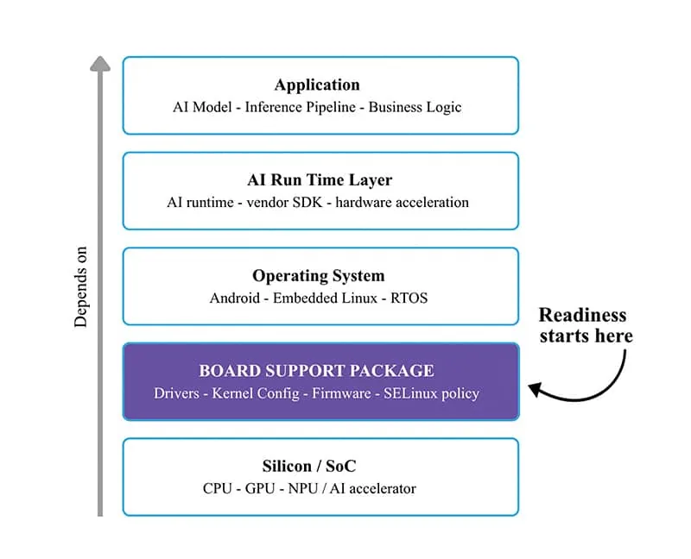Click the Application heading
tap(317, 85)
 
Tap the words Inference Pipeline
tap(300, 107)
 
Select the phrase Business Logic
tap(415, 107)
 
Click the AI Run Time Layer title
tap(320, 180)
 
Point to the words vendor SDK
tap(284, 203)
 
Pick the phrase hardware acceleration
tap(402, 203)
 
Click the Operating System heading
tap(319, 276)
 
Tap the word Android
tap(235, 298)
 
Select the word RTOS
tap(409, 298)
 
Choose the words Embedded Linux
tap(326, 298)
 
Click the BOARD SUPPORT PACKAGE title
tap(316, 371)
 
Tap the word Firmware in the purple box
tap(341, 393)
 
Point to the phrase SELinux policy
tap(431, 393)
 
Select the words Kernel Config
tap(256, 393)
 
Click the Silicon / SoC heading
tap(309, 466)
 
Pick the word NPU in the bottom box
tap(303, 488)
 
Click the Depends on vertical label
tap(80, 287)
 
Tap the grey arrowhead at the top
tap(100, 63)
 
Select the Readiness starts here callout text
tap(586, 326)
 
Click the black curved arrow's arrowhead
tap(535, 389)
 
